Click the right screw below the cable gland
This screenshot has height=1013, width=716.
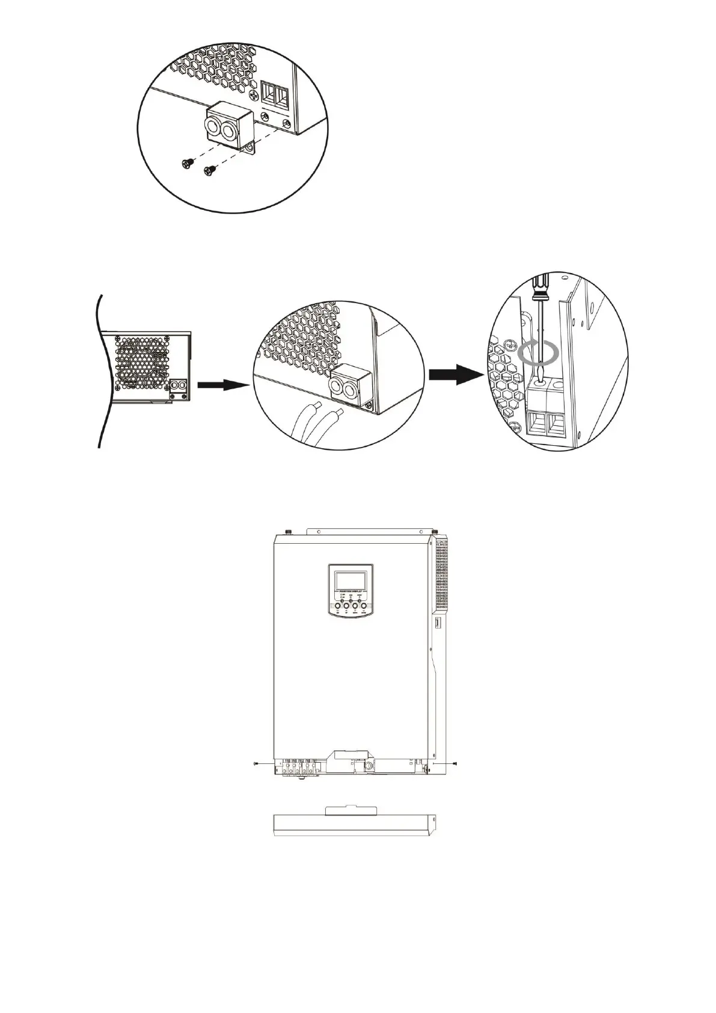(210, 170)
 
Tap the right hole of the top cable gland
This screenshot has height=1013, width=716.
(232, 130)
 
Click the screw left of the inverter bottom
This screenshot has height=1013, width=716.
(257, 763)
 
